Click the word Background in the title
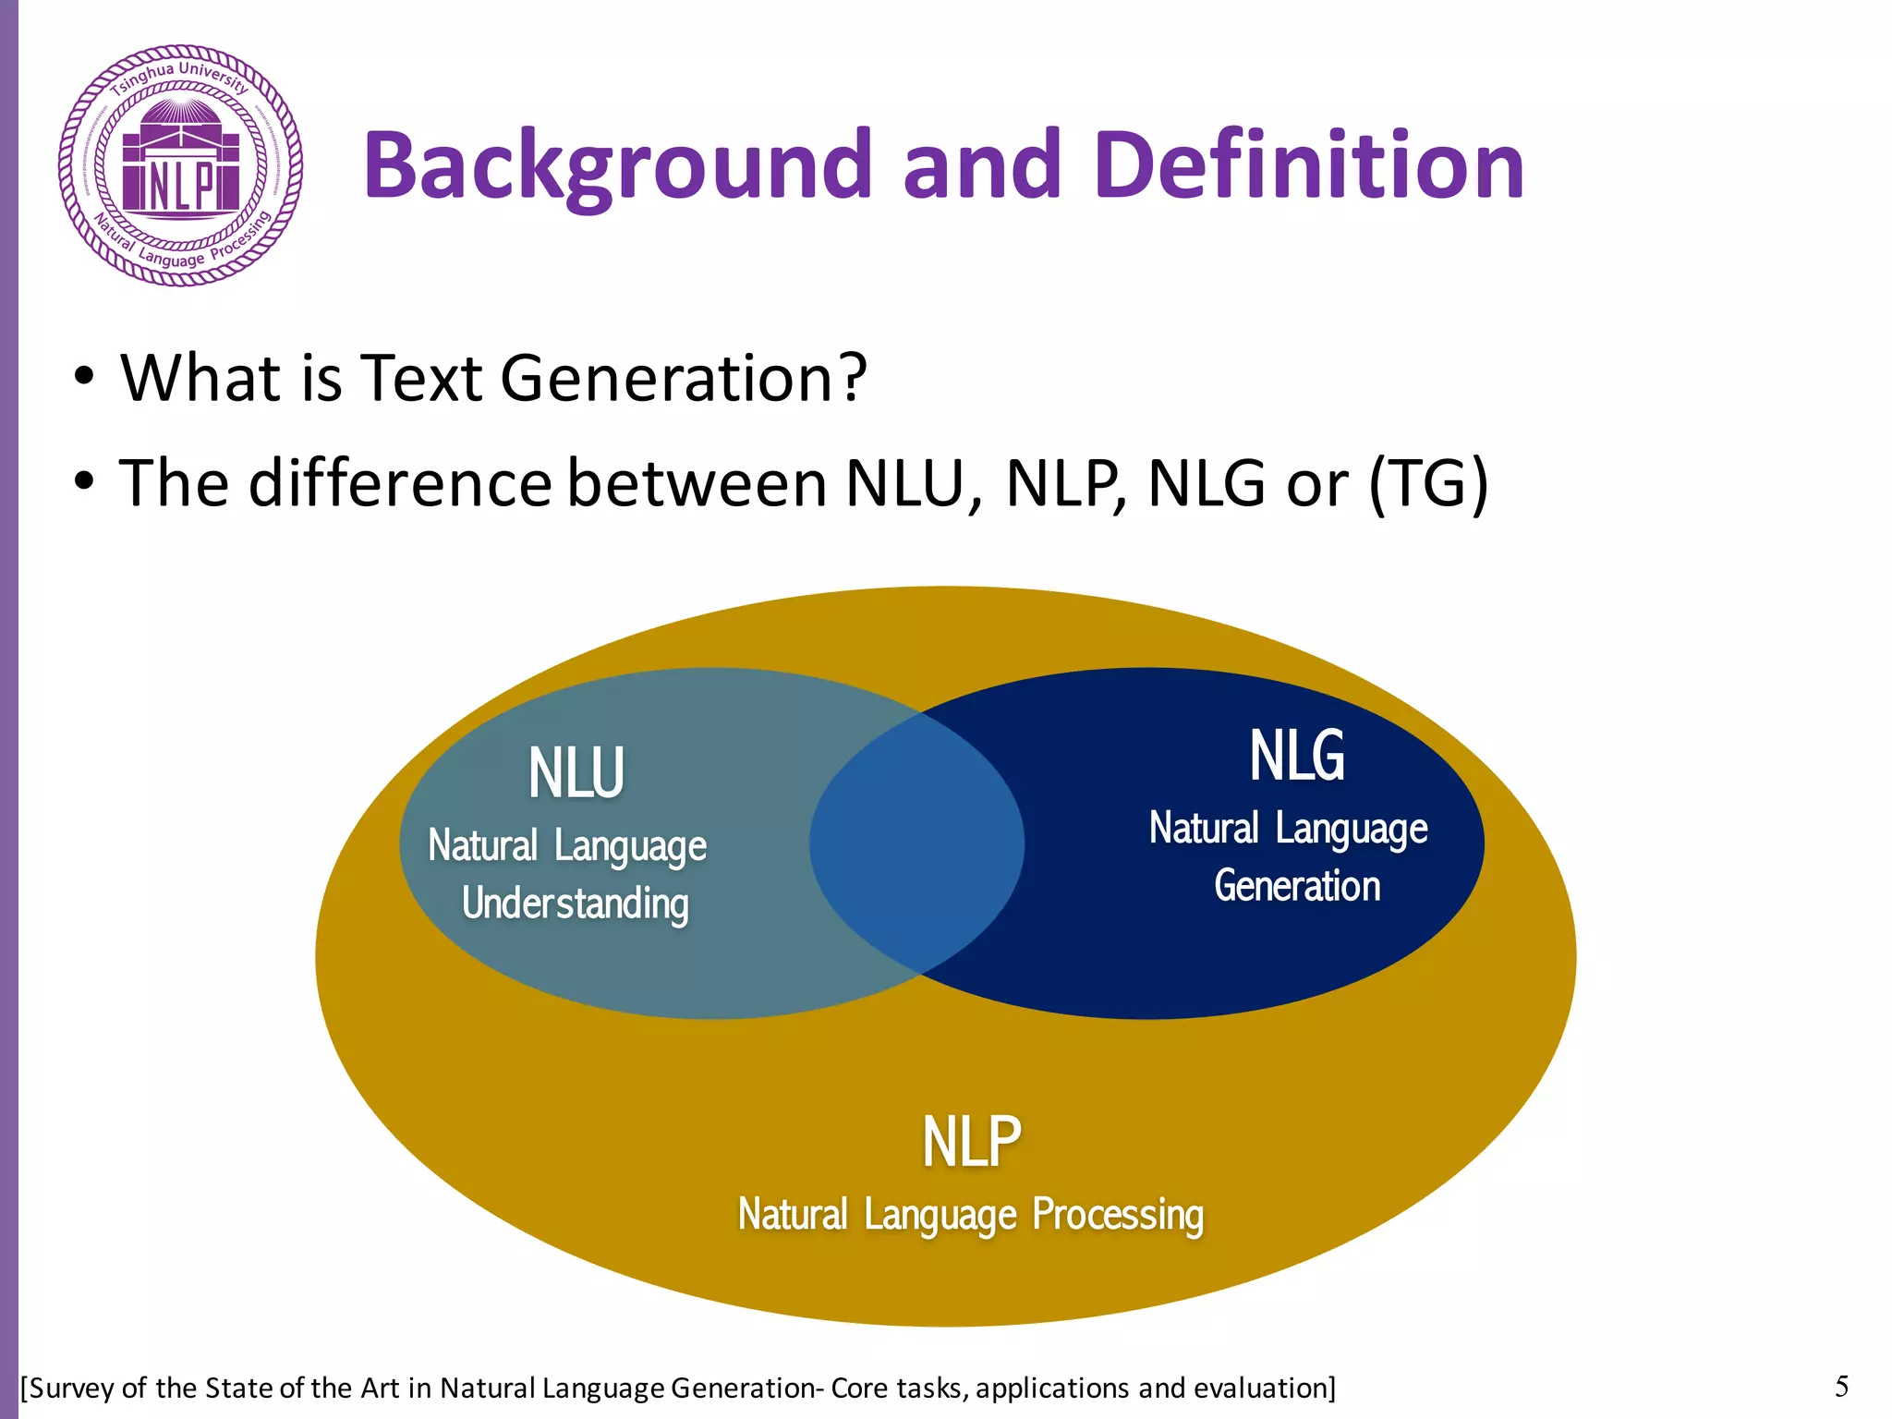617,166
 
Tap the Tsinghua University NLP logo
181,166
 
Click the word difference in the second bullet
400,483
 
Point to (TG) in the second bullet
1428,483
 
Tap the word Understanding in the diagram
575,904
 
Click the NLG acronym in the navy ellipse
1297,756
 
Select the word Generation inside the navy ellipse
1297,886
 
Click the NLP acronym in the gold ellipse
972,1142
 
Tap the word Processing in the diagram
1118,1215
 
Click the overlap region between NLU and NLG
916,843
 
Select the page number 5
1841,1386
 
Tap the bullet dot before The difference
84,481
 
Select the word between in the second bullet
697,483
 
